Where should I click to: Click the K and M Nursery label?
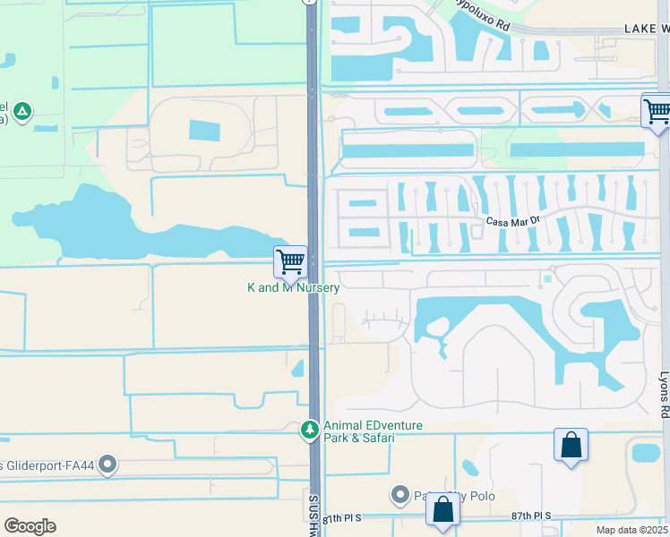coord(294,288)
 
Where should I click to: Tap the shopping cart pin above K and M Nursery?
coord(290,262)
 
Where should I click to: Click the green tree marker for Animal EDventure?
coord(310,430)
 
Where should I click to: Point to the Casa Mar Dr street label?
coord(511,222)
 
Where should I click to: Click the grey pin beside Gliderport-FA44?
coord(108,464)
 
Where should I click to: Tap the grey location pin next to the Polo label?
coord(400,494)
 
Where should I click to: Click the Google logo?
coord(30,526)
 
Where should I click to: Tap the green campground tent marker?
coord(22,113)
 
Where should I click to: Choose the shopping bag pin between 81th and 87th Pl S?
coord(442,509)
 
